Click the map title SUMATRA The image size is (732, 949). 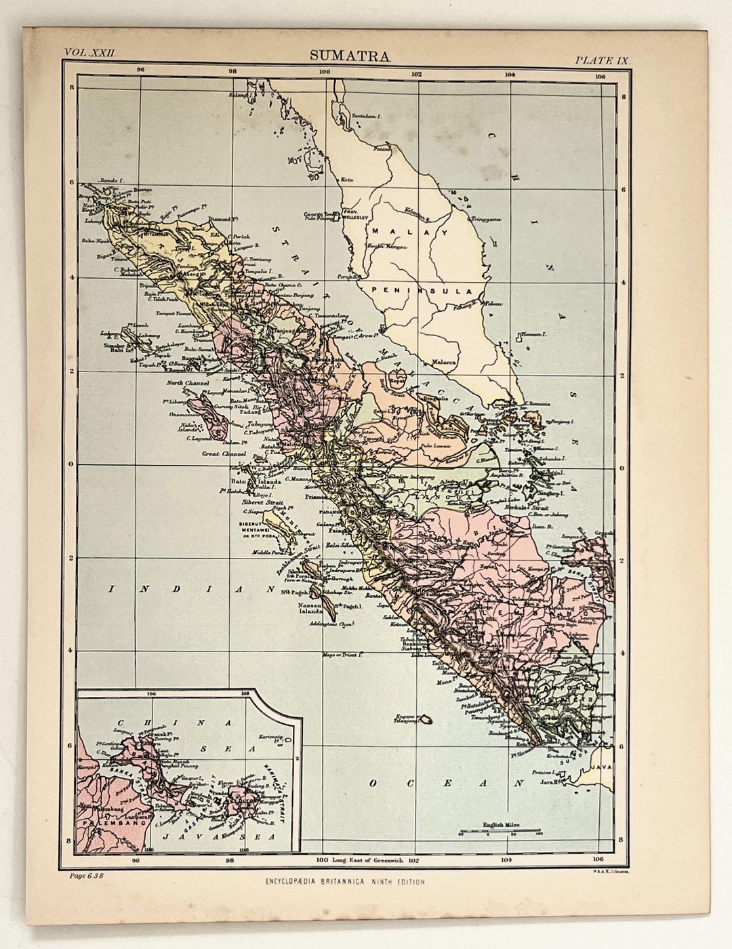click(x=350, y=56)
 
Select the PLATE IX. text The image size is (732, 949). click(x=603, y=60)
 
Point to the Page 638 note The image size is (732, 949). click(x=85, y=875)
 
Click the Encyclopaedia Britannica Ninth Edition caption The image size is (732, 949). click(x=346, y=882)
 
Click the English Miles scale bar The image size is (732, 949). click(x=500, y=830)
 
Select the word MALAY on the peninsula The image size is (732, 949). click(x=409, y=232)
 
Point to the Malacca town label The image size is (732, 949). click(x=444, y=363)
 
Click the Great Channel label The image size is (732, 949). click(x=224, y=454)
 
